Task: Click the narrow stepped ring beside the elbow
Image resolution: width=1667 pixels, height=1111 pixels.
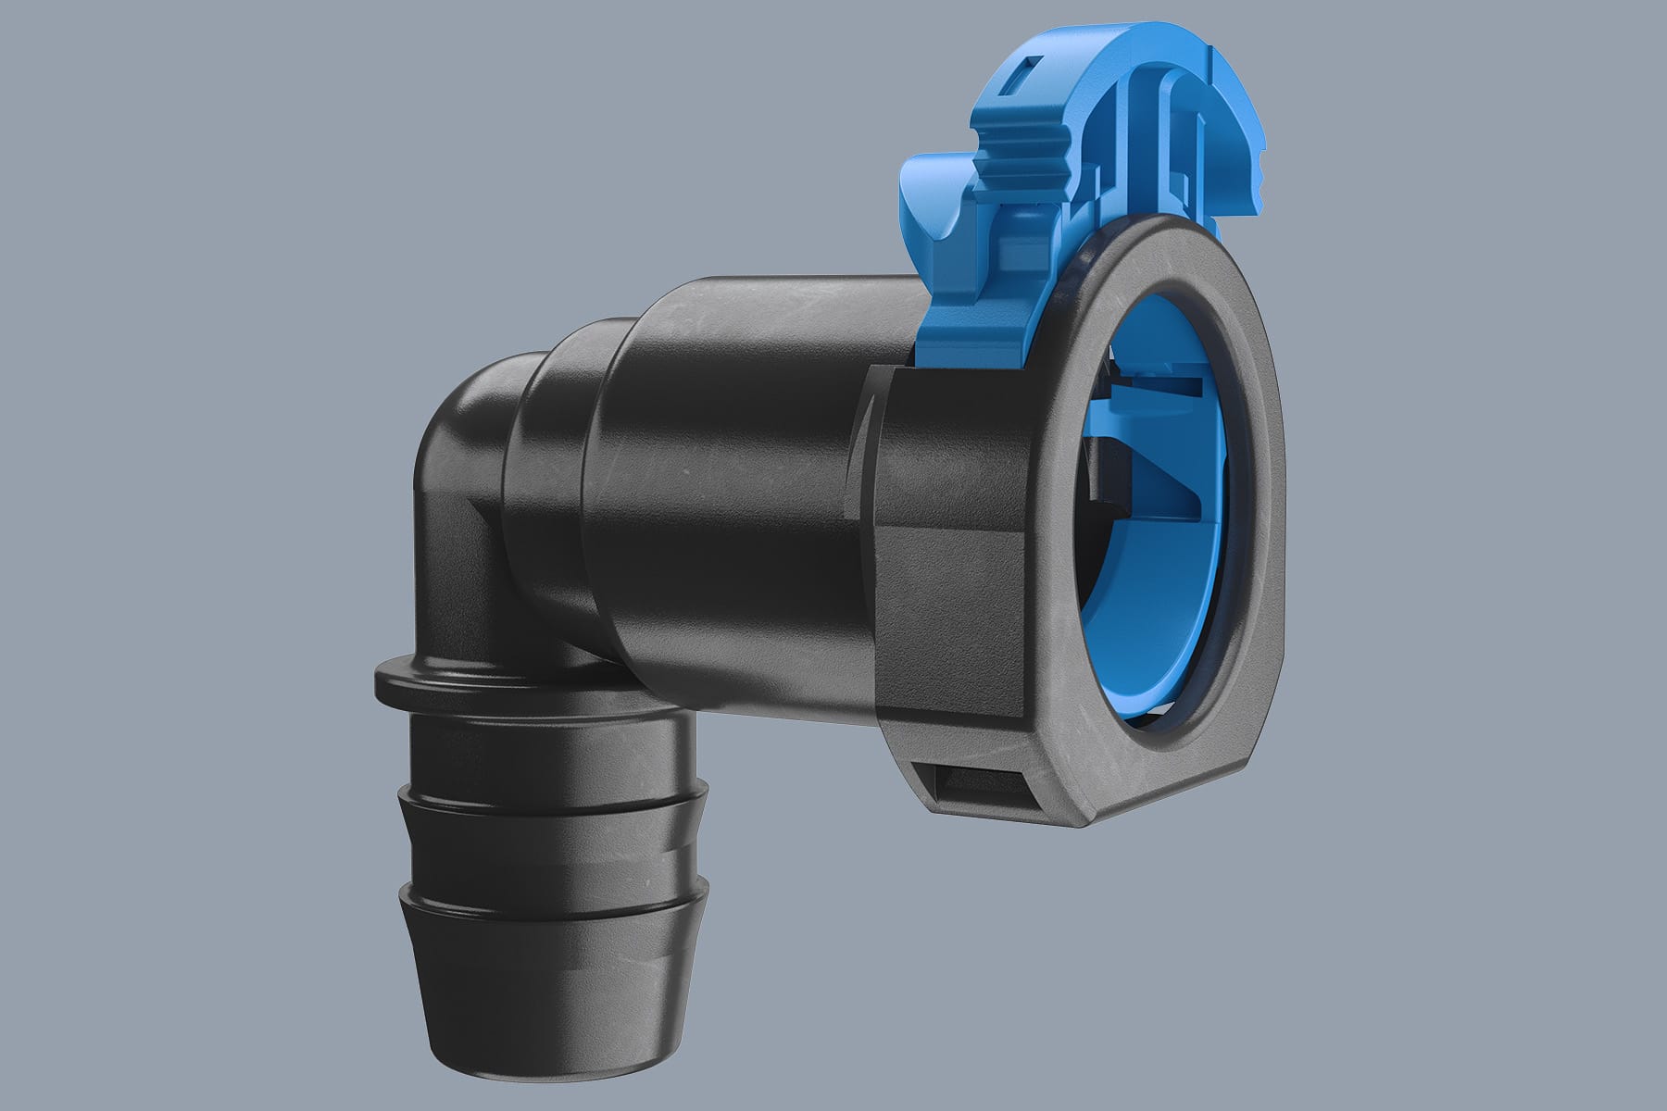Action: pos(546,444)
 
